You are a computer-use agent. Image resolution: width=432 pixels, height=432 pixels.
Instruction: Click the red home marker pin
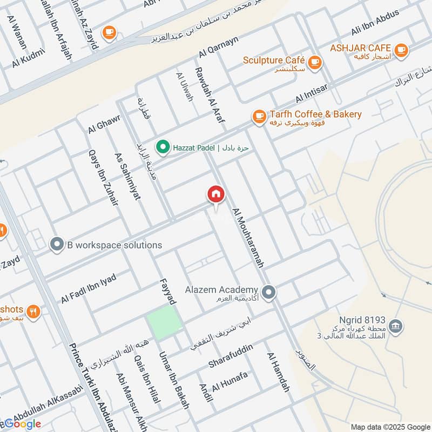pos(216,194)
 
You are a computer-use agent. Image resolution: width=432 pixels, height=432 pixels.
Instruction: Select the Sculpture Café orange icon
pos(316,62)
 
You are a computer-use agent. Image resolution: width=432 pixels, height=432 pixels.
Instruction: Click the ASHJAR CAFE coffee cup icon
pos(400,50)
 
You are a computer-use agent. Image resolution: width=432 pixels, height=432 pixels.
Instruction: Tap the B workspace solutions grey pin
pos(57,245)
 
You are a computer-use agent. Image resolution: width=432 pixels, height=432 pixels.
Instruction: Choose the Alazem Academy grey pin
pos(270,292)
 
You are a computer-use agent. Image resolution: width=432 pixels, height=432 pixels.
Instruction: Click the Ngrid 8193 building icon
pos(396,327)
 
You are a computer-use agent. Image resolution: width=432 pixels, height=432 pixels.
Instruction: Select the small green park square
pos(165,322)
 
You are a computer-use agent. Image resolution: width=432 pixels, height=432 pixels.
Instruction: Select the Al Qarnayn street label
pos(218,47)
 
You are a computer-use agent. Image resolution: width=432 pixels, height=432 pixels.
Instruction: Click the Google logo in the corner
pos(23,424)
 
